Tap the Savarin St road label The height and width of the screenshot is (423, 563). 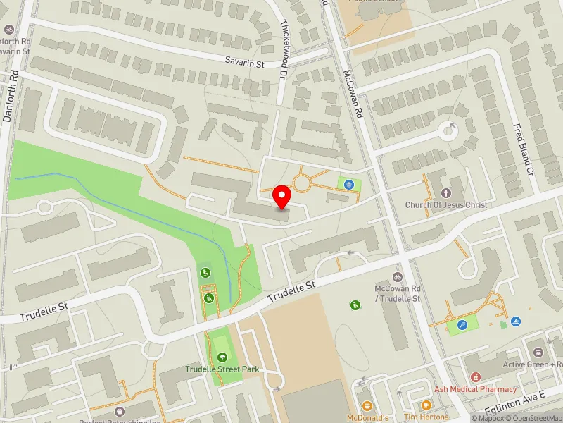click(x=244, y=63)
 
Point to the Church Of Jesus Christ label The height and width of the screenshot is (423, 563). click(x=446, y=205)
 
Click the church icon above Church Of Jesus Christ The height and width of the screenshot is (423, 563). click(x=446, y=192)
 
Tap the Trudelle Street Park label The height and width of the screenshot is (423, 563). click(x=223, y=369)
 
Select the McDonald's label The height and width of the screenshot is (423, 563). click(x=367, y=417)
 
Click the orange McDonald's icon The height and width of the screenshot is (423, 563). click(x=367, y=405)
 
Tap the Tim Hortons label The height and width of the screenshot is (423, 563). click(x=426, y=417)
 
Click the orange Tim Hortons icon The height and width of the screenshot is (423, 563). click(x=426, y=405)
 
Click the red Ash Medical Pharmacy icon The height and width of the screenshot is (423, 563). click(x=475, y=378)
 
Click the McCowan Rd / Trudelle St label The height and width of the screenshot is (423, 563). click(x=398, y=294)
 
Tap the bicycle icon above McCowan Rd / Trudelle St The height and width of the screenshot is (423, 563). click(x=398, y=277)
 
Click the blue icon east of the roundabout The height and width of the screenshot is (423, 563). click(x=348, y=185)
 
